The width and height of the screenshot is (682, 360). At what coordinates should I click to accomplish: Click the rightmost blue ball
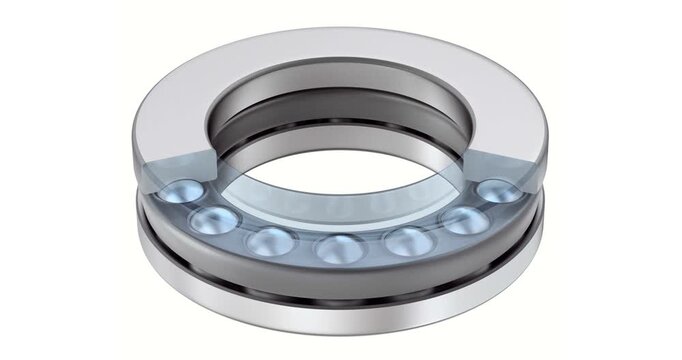497,192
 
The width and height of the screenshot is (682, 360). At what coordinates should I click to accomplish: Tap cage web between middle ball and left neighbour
303,247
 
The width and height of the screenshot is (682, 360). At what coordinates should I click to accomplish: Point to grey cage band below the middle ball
336,275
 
